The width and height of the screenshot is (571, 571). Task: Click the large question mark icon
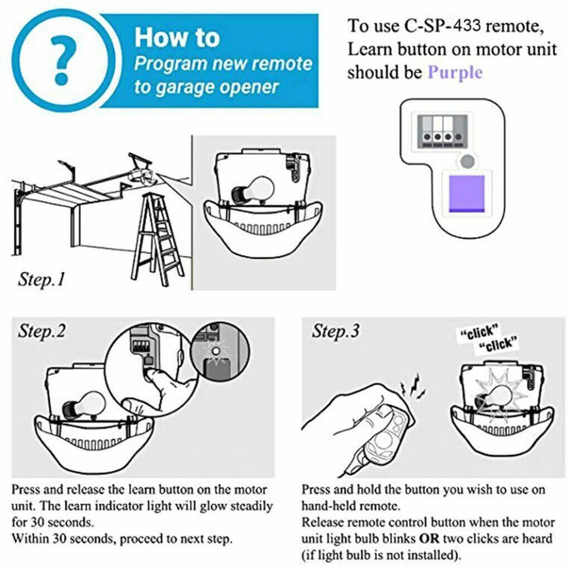pos(62,59)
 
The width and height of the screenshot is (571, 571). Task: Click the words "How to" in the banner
pos(177,37)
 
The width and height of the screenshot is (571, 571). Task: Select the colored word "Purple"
pos(455,73)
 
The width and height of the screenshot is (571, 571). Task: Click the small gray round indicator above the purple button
pos(468,161)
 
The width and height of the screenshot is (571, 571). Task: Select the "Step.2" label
pos(42,331)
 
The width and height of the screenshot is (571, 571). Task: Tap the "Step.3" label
pos(335,331)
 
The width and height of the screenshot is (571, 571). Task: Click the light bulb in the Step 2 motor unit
pos(83,406)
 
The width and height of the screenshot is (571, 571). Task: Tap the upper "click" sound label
pos(479,331)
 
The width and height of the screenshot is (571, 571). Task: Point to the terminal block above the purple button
pos(443,130)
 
